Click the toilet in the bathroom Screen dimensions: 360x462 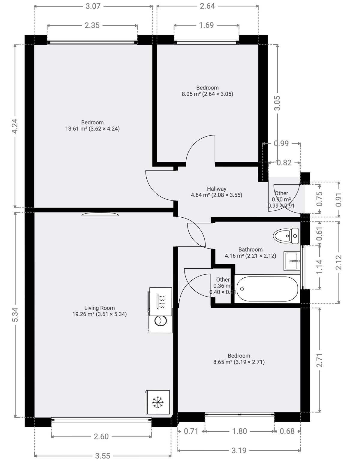286,236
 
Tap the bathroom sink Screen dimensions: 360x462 292,261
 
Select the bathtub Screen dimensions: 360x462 267,289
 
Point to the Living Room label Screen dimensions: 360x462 99,311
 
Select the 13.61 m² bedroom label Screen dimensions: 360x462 92,125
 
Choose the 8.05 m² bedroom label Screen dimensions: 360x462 207,91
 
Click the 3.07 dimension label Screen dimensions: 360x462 93,6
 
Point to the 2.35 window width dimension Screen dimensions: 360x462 92,25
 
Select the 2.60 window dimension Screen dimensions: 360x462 101,436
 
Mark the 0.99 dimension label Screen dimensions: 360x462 281,143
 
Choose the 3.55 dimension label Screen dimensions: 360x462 103,456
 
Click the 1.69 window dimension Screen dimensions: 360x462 206,25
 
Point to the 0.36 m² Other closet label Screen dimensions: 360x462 223,286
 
